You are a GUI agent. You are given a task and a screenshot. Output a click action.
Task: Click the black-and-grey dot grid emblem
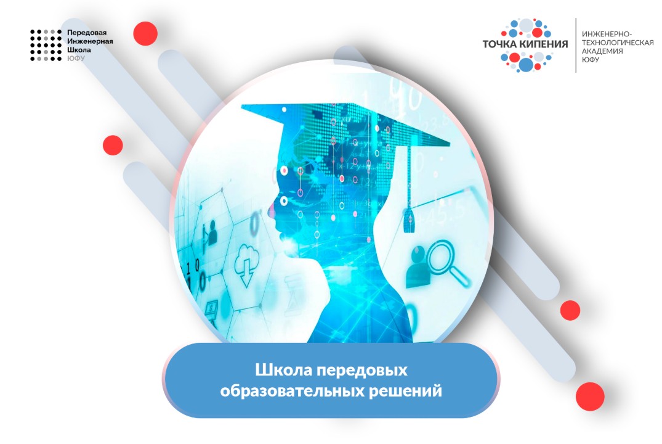(x=46, y=45)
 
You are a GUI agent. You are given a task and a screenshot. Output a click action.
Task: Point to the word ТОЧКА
(x=504, y=45)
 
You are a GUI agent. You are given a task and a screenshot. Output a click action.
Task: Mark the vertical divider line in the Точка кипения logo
(x=576, y=45)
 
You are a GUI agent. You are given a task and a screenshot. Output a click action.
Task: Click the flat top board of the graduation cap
(x=345, y=123)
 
